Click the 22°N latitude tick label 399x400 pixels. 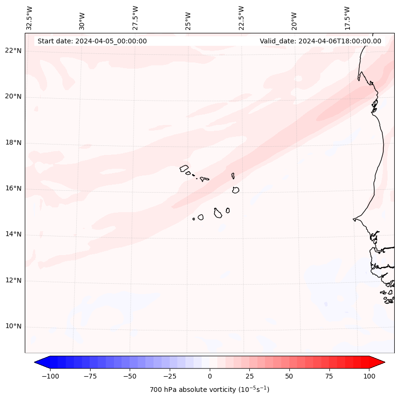click(13, 51)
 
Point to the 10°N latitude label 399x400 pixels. click(13, 327)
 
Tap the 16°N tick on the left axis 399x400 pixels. click(13, 188)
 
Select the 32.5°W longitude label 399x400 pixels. click(30, 18)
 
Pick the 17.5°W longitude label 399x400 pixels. click(347, 18)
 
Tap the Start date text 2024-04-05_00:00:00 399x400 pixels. click(92, 41)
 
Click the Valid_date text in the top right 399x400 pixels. click(320, 41)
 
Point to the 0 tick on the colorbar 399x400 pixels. click(210, 376)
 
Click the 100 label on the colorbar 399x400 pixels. click(369, 376)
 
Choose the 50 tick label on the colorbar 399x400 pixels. click(289, 376)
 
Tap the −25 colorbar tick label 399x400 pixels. click(170, 376)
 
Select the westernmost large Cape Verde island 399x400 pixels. click(184, 168)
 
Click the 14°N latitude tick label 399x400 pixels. click(13, 234)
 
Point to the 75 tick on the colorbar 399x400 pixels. click(329, 376)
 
